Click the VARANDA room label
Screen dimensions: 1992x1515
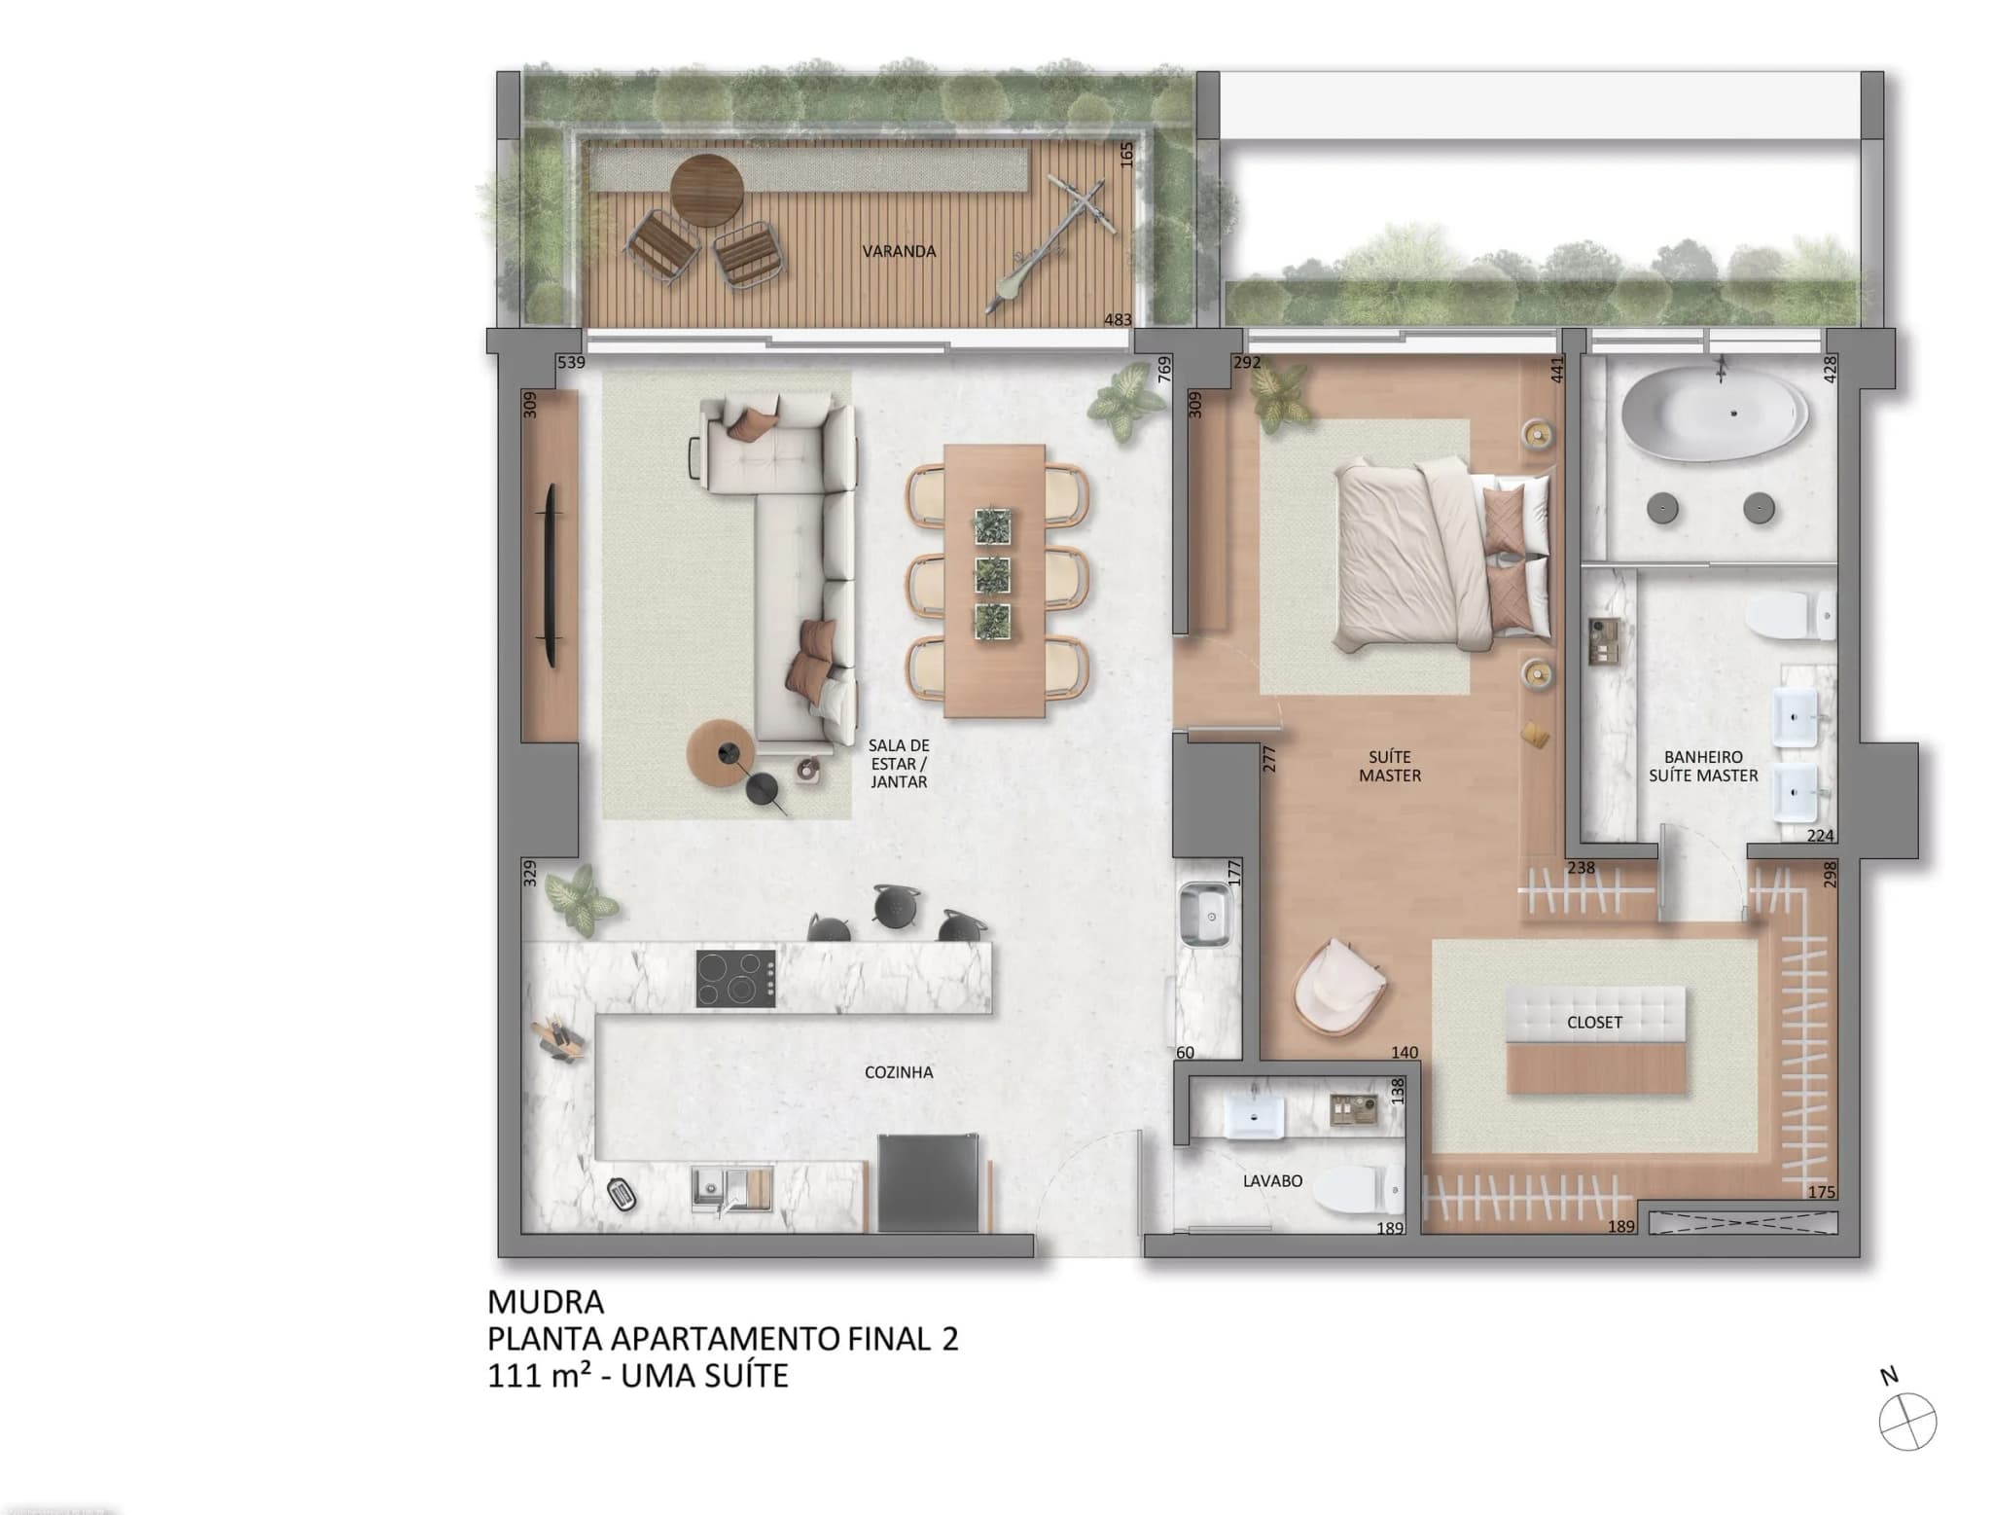coord(899,251)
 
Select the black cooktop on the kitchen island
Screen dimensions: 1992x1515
coord(736,978)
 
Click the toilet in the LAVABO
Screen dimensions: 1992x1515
coord(1361,1191)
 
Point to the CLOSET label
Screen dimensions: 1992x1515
coord(1594,1023)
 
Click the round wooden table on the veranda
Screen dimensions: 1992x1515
coord(707,191)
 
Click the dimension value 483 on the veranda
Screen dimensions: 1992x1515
coord(1118,319)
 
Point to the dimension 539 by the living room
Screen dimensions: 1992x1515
coord(571,363)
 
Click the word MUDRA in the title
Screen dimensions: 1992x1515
coord(546,1302)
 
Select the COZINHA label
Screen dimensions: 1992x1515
coord(899,1072)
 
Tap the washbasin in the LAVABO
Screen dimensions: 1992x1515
coord(1257,1112)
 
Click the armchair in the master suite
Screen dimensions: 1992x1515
coord(1338,985)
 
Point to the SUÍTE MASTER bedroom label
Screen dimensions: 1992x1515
coord(1390,766)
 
